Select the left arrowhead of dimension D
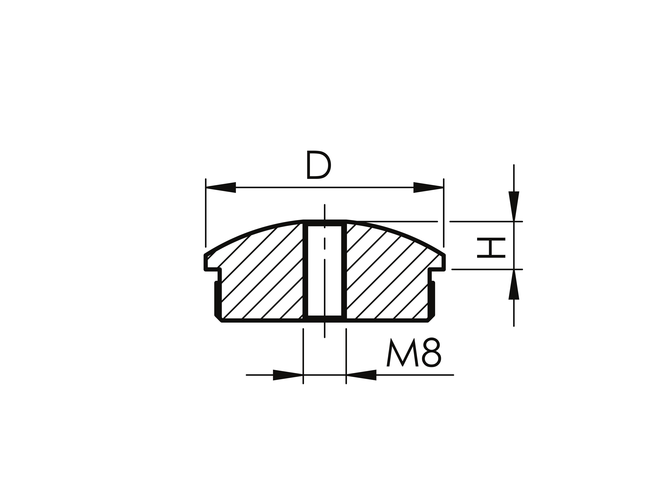tap(221, 187)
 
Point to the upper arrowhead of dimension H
tap(514, 206)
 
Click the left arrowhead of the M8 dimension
tap(288, 375)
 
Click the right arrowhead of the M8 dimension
tap(361, 375)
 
